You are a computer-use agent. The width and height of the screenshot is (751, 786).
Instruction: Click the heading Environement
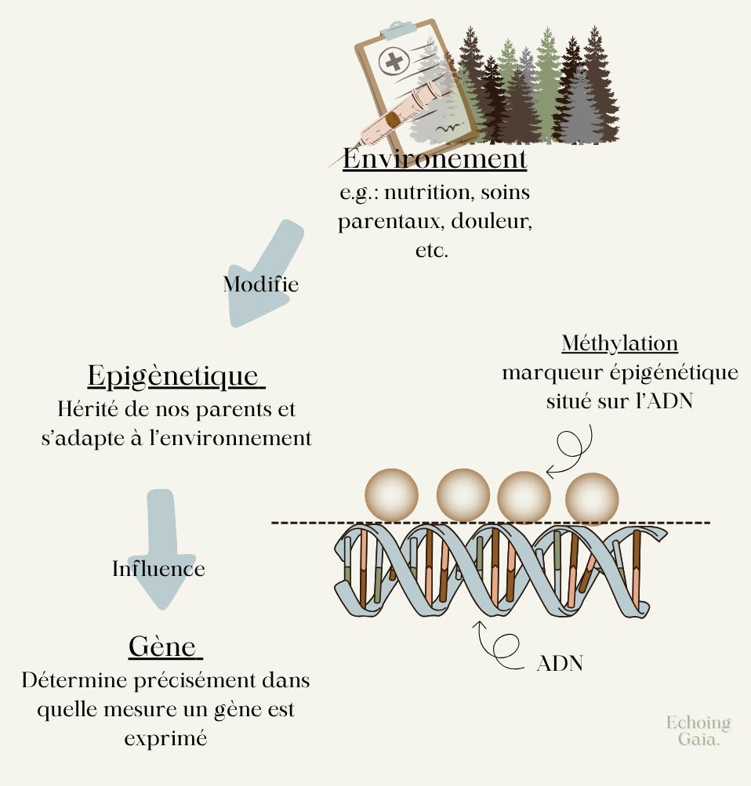pos(434,159)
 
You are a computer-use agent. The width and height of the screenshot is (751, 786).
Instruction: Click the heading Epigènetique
pos(174,376)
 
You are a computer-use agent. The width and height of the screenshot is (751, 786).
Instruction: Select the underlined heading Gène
pos(163,647)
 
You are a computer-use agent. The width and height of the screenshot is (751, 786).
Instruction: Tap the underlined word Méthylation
pos(619,343)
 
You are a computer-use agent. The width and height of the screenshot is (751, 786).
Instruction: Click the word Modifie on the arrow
pos(261,284)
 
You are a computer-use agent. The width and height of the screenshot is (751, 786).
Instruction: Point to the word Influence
pos(158,568)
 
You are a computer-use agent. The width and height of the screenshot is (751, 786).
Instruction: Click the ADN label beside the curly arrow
pos(560,664)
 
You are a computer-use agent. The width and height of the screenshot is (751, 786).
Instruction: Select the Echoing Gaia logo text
pos(698,730)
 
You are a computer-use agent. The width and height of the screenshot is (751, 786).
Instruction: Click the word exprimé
pos(165,737)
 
